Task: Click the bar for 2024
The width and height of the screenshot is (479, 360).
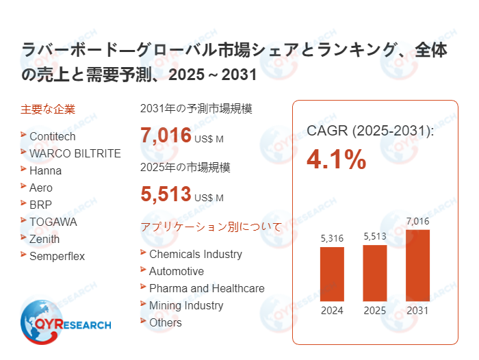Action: pos(332,274)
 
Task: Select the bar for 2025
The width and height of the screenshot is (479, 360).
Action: pos(374,272)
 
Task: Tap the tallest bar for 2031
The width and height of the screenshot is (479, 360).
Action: pos(417,265)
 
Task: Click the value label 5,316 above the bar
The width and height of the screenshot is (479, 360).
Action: pos(332,238)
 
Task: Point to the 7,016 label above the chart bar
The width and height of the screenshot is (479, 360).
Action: pos(417,220)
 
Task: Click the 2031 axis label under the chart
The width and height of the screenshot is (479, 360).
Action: pos(417,310)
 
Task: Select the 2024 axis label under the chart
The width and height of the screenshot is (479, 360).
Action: pos(332,310)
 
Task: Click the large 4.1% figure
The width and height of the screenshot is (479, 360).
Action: pos(336,159)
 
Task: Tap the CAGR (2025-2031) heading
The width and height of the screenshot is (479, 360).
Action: pos(370,130)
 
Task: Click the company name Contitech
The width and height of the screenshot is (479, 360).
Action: pos(52,136)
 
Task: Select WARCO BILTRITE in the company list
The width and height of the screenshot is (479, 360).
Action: pos(75,153)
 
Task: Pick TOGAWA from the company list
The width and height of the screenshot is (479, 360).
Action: pos(53,222)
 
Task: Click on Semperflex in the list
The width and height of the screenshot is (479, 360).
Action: pos(57,256)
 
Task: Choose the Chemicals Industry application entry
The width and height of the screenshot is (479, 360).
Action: pos(195,254)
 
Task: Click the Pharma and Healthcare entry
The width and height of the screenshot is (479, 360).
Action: pos(206,288)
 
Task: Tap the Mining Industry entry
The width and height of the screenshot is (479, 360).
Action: pos(186,305)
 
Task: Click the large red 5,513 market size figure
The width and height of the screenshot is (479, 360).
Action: pos(166,194)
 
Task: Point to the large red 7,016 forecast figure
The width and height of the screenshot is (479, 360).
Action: pos(166,135)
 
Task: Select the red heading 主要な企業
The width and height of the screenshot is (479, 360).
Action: pos(48,109)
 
